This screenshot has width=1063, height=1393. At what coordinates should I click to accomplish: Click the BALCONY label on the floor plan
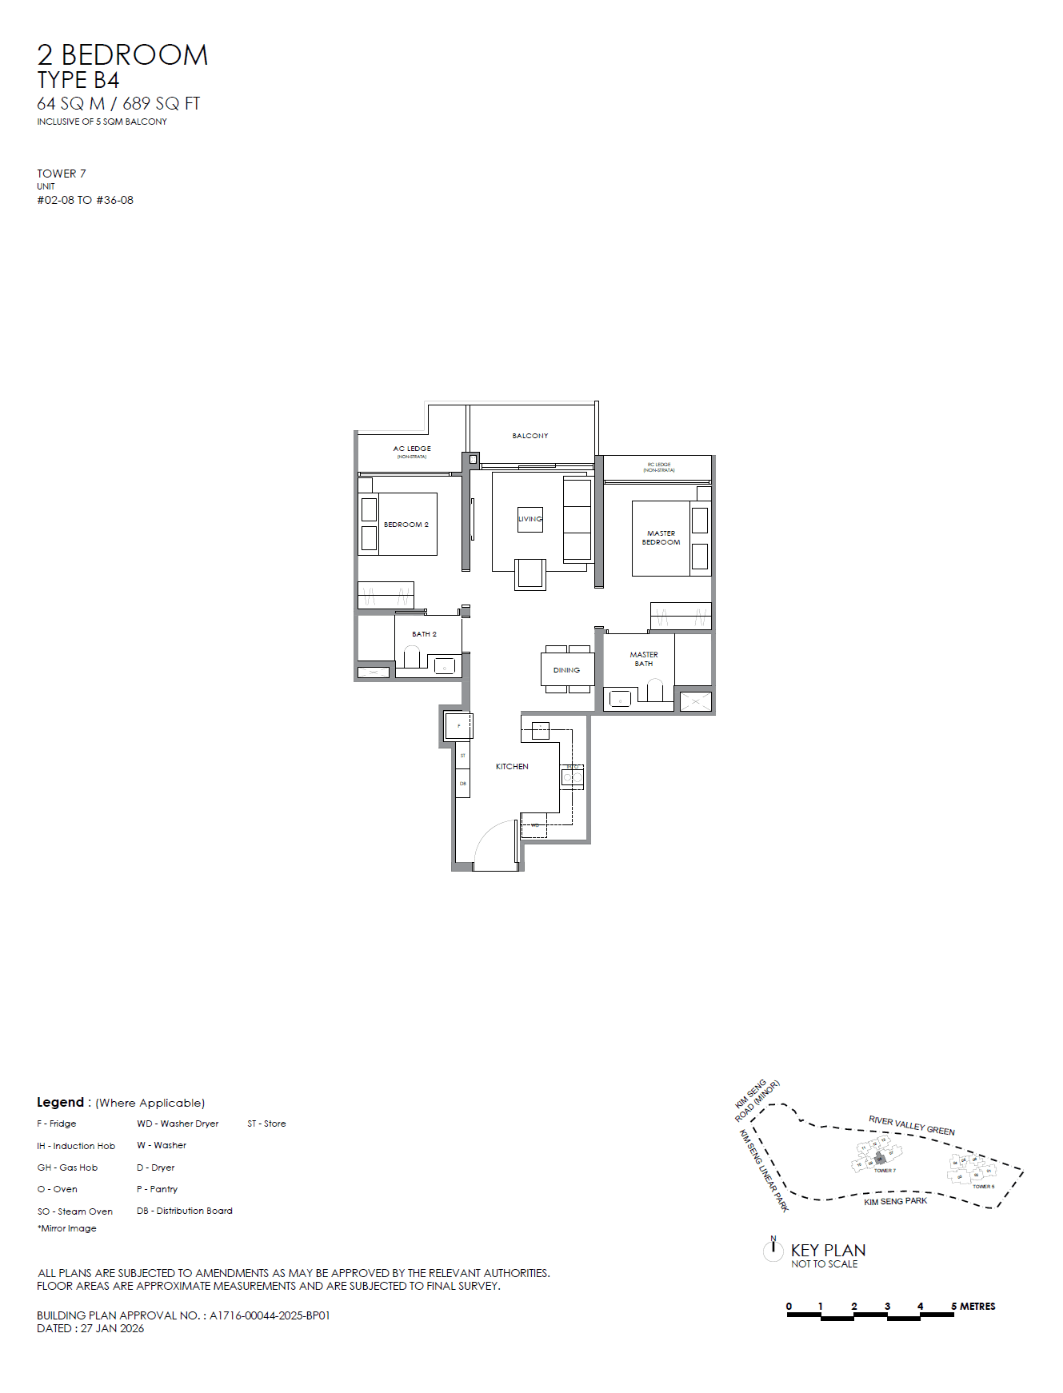530,436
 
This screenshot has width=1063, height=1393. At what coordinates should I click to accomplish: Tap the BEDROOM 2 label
406,525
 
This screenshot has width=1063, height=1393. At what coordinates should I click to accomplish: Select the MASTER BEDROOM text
661,537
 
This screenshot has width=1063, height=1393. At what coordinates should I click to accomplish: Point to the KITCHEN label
512,766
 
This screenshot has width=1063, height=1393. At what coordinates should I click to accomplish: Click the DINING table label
566,670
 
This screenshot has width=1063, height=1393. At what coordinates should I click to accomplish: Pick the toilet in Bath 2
412,657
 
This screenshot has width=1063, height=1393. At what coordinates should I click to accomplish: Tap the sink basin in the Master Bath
620,700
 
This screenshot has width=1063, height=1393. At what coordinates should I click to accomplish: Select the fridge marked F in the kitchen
458,726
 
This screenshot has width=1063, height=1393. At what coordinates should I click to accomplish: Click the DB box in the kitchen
463,784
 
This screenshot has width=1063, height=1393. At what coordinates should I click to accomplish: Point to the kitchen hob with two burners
573,776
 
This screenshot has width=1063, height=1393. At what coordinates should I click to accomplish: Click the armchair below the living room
530,574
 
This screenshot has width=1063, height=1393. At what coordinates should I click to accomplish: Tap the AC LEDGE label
412,449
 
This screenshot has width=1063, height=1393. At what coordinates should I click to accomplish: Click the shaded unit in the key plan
880,1158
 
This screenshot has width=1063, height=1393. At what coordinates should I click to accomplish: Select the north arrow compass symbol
773,1249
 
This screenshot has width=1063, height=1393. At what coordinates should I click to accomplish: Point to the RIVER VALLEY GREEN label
912,1125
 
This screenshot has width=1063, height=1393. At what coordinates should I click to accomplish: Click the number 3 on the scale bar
887,1306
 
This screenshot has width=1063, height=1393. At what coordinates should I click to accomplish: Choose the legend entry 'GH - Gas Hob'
67,1167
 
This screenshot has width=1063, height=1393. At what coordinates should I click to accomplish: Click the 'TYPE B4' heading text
78,80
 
